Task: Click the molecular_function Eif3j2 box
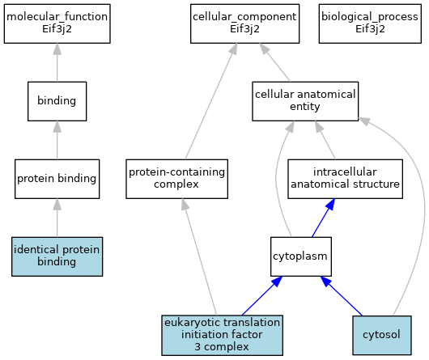point(57,23)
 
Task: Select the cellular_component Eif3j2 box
point(245,23)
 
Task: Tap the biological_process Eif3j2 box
point(370,23)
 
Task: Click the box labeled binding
point(57,101)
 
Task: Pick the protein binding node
point(57,179)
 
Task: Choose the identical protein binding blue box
point(57,256)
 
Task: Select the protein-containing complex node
point(176,179)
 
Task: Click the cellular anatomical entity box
point(305,101)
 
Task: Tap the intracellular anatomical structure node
point(345,179)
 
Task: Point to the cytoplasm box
point(301,256)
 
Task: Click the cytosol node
point(382,335)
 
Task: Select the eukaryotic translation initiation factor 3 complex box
point(222,335)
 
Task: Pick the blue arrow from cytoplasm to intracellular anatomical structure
point(324,218)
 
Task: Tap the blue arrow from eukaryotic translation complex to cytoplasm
point(262,296)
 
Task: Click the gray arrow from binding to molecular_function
point(57,62)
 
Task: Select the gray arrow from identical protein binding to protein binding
point(57,218)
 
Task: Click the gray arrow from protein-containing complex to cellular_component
point(211,101)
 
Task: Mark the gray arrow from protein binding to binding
point(57,140)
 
